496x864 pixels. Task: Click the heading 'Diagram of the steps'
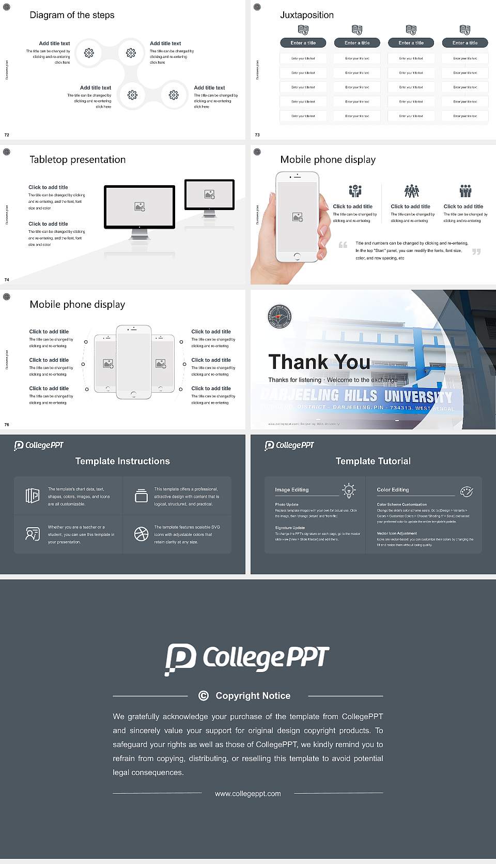click(x=72, y=15)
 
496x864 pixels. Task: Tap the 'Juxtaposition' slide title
click(x=306, y=15)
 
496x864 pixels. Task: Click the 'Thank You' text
click(x=319, y=362)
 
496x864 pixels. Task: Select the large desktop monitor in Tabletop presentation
click(x=139, y=207)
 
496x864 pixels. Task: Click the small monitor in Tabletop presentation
click(x=209, y=195)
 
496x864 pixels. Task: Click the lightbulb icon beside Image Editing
click(x=349, y=490)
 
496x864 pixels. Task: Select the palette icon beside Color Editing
click(x=466, y=491)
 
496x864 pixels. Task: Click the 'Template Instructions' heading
click(x=122, y=461)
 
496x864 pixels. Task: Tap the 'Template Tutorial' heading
click(x=373, y=461)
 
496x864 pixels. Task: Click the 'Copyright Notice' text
click(x=253, y=696)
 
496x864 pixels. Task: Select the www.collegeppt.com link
click(x=248, y=794)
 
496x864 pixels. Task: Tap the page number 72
click(x=7, y=135)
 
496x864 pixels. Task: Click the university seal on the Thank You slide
click(x=280, y=316)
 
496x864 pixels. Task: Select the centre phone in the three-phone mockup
click(x=133, y=362)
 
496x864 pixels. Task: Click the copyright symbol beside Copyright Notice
click(x=204, y=696)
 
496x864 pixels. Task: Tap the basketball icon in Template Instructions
click(x=141, y=534)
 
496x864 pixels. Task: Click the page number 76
click(x=7, y=424)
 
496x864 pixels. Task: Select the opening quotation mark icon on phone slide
click(x=343, y=245)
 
